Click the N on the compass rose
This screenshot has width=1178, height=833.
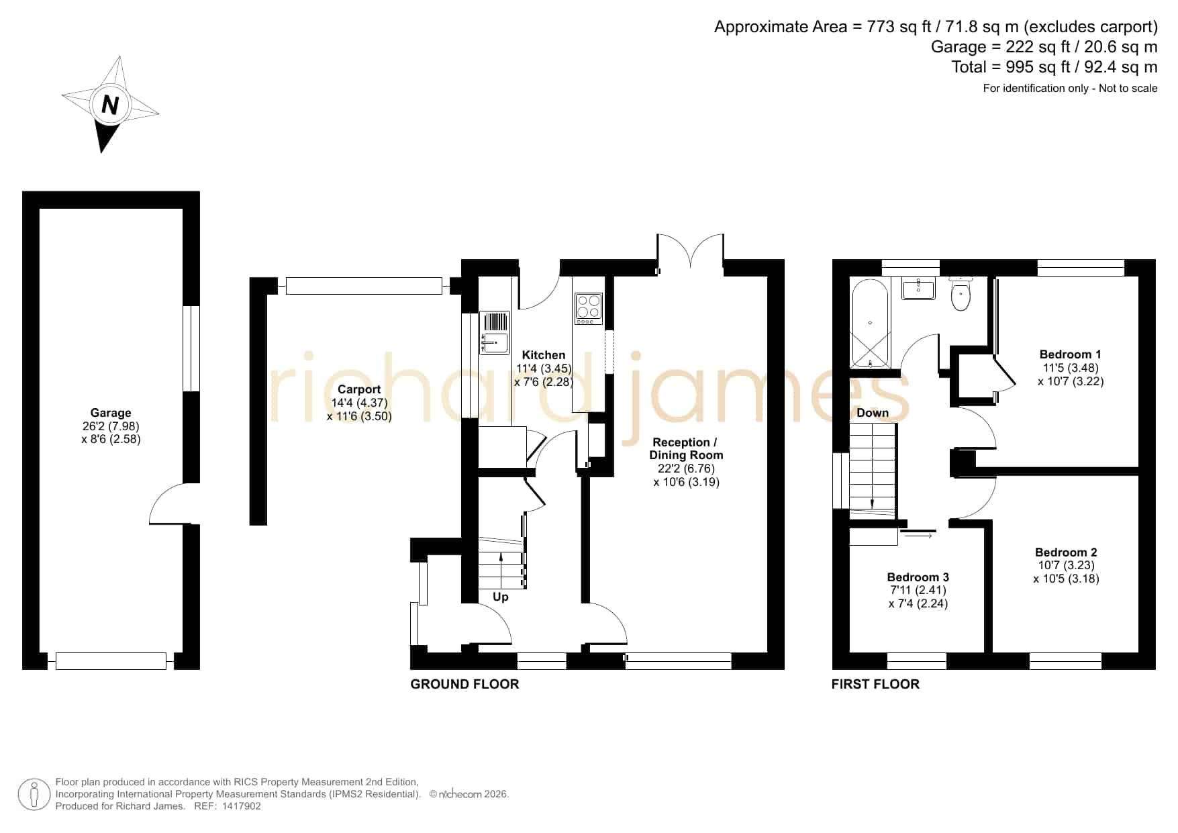pyautogui.click(x=110, y=105)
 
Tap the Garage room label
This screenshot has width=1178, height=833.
pyautogui.click(x=111, y=413)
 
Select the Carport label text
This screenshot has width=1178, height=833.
pyautogui.click(x=359, y=389)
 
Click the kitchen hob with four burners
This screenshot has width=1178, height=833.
pyautogui.click(x=589, y=309)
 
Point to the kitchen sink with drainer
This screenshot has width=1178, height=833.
pyautogui.click(x=495, y=332)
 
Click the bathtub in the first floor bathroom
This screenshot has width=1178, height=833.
pyautogui.click(x=869, y=324)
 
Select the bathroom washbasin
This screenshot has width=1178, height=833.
pyautogui.click(x=918, y=289)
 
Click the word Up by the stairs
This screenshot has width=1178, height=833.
pyautogui.click(x=501, y=597)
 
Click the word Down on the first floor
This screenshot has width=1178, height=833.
pyautogui.click(x=873, y=413)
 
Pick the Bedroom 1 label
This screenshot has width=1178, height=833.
pyautogui.click(x=1070, y=354)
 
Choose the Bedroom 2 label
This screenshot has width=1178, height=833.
pyautogui.click(x=1066, y=552)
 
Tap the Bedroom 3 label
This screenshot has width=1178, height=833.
pyautogui.click(x=918, y=577)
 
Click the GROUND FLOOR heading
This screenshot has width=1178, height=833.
pyautogui.click(x=464, y=684)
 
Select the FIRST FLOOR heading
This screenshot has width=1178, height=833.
pyautogui.click(x=875, y=684)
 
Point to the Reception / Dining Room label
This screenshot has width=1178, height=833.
pyautogui.click(x=686, y=448)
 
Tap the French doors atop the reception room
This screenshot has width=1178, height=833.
pyautogui.click(x=691, y=253)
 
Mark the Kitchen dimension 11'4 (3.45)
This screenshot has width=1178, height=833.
pyautogui.click(x=544, y=369)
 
